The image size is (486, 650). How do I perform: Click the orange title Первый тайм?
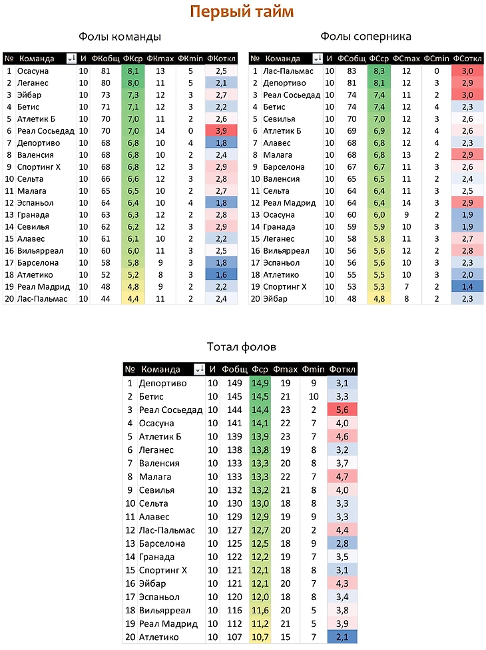point(242,12)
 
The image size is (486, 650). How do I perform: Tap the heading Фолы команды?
point(120,37)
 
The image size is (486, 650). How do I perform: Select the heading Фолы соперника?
point(365,37)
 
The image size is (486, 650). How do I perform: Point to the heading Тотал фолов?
point(242,347)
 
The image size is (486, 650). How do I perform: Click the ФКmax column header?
point(160,59)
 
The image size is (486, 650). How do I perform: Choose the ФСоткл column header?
point(467,59)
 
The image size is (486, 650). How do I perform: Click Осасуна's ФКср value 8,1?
point(132,71)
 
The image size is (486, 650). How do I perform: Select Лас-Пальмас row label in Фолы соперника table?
point(290,71)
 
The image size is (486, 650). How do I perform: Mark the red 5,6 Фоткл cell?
point(343,410)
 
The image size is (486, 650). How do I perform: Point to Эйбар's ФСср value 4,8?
point(379,298)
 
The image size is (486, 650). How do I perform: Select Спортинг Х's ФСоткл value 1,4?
point(467,286)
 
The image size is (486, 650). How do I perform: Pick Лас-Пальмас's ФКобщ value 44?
point(105,298)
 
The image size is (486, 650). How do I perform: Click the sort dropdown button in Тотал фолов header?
point(198,370)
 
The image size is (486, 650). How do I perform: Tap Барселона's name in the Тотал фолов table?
point(162,544)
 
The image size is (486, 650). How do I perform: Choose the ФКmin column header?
point(190,59)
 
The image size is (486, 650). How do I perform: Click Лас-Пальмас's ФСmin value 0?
point(437,71)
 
